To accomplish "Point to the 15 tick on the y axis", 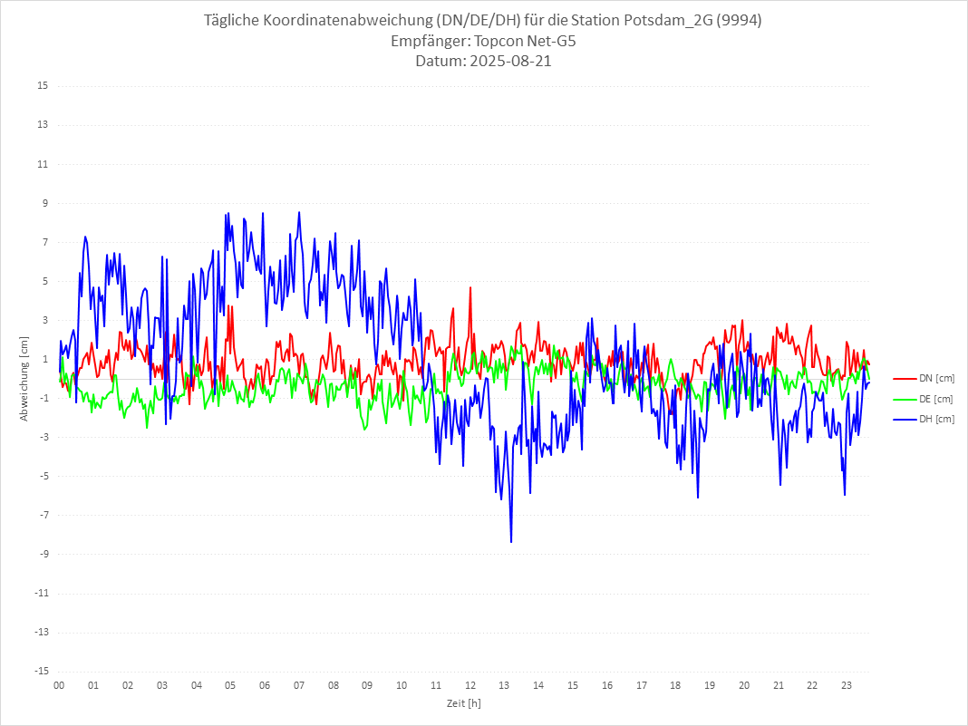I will coord(43,86).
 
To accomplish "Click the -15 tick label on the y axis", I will coord(41,671).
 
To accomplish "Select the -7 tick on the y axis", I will coord(43,515).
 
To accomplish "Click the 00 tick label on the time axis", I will coord(59,685).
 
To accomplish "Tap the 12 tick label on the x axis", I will coord(470,685).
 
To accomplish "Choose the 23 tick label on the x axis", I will coord(847,685).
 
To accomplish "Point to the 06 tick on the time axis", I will coord(265,685).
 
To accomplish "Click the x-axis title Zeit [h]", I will coord(463,702).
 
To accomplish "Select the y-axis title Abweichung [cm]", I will coord(24,379).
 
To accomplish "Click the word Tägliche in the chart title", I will coord(237,21).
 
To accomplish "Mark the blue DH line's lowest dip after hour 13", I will coord(511,542).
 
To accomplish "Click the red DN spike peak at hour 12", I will coord(470,287).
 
